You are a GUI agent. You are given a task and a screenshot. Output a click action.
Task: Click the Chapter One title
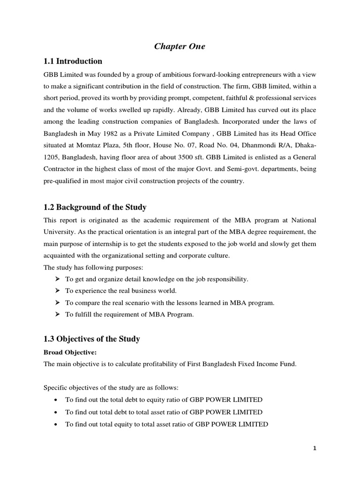(180, 46)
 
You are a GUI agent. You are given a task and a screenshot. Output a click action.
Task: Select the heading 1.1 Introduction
(73, 61)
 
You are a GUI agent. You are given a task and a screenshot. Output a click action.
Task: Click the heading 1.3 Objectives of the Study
(91, 338)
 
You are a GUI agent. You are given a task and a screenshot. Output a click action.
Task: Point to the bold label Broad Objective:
(69, 352)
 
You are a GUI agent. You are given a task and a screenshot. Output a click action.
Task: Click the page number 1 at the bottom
(315, 448)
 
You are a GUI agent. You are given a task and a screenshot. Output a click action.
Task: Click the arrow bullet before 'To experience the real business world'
(57, 291)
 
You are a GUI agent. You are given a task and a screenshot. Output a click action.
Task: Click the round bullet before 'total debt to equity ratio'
(56, 400)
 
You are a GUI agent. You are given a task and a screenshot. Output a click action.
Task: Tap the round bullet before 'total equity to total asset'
(56, 424)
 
